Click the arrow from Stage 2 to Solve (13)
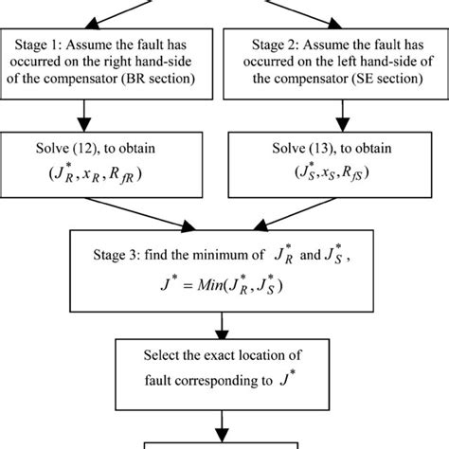pyautogui.click(x=335, y=116)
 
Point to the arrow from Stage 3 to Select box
pyautogui.click(x=224, y=319)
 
